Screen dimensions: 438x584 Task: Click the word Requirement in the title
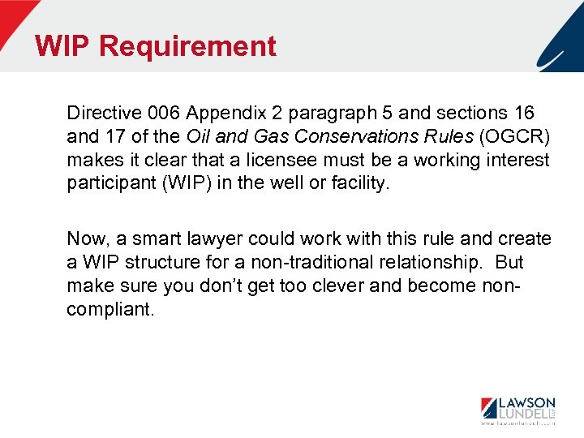(x=187, y=46)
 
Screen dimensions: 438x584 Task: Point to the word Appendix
(x=214, y=112)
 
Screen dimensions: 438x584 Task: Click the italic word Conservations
(x=333, y=135)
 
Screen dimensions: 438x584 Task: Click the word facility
(x=360, y=182)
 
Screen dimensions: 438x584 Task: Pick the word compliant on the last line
(x=109, y=310)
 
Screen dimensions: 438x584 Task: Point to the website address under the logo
(x=517, y=423)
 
